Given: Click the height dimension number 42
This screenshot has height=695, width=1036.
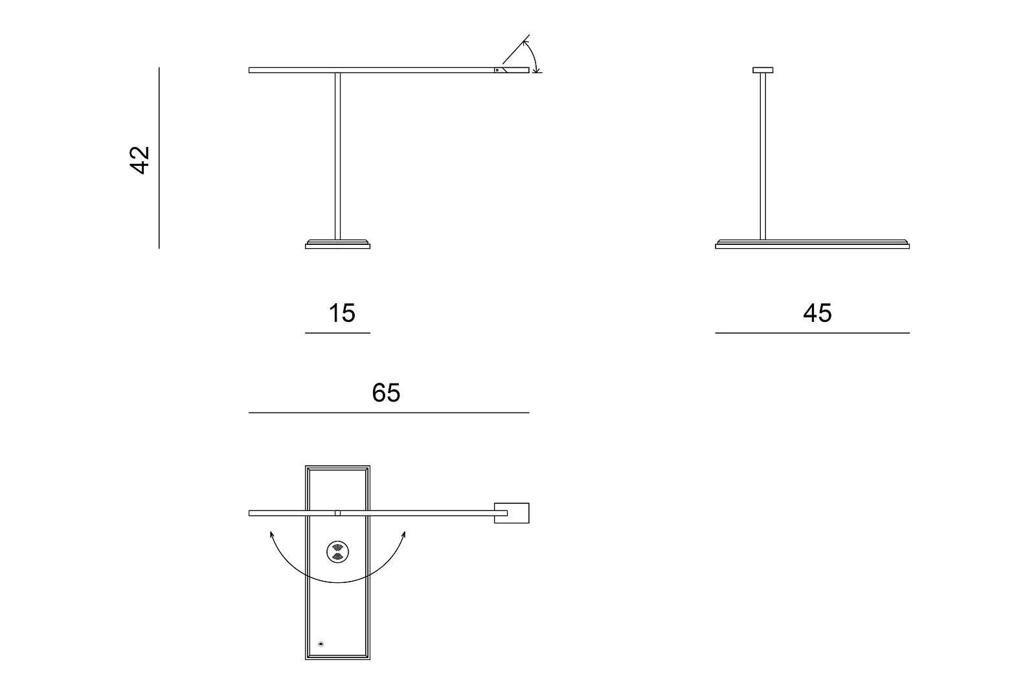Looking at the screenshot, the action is (x=140, y=160).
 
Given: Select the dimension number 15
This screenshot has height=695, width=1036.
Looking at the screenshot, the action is (x=342, y=313).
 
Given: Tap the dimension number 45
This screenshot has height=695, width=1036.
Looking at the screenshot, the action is (x=817, y=313).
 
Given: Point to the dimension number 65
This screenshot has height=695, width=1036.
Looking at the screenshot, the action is (x=386, y=393).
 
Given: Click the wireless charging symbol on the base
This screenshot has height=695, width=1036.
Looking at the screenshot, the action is (x=337, y=552).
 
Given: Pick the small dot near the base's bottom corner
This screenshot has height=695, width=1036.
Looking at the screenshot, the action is (x=321, y=644).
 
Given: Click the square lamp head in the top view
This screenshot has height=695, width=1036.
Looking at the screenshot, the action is (x=512, y=513).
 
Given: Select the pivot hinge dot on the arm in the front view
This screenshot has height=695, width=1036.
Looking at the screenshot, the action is (x=497, y=71).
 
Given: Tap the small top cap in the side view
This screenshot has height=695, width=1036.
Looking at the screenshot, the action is (x=763, y=71).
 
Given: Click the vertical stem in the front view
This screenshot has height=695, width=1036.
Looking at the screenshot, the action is (x=337, y=156).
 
